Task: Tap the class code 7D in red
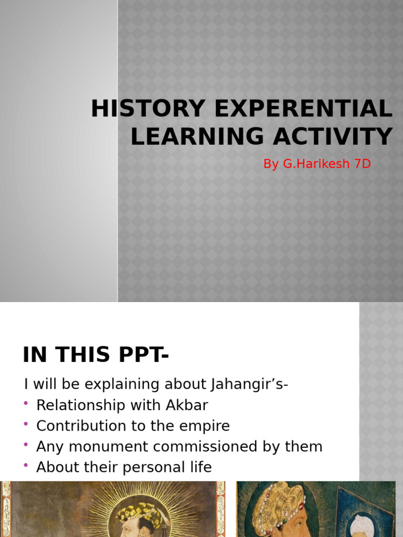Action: (x=363, y=164)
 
